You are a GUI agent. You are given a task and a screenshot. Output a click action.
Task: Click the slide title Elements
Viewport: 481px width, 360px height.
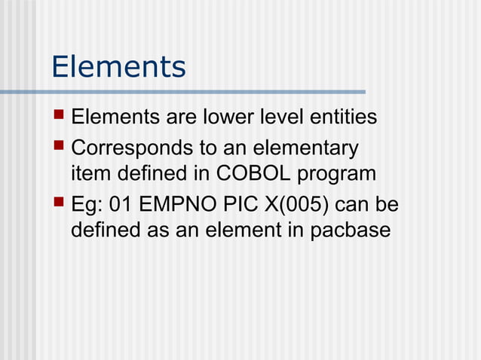click(118, 67)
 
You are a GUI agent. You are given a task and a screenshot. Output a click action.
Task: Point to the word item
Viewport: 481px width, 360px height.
click(90, 174)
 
